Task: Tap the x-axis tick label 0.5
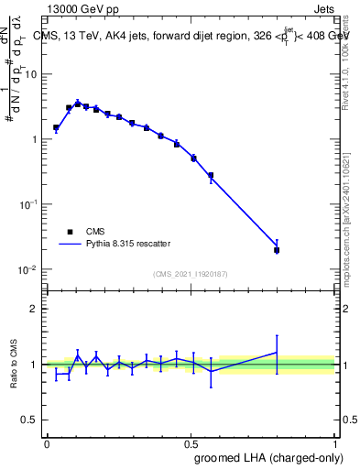191,442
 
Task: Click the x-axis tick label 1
334,442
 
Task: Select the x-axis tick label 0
47,442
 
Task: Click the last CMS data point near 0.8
277,250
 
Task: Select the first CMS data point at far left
56,128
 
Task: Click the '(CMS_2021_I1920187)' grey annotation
191,273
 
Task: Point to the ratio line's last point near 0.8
277,352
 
